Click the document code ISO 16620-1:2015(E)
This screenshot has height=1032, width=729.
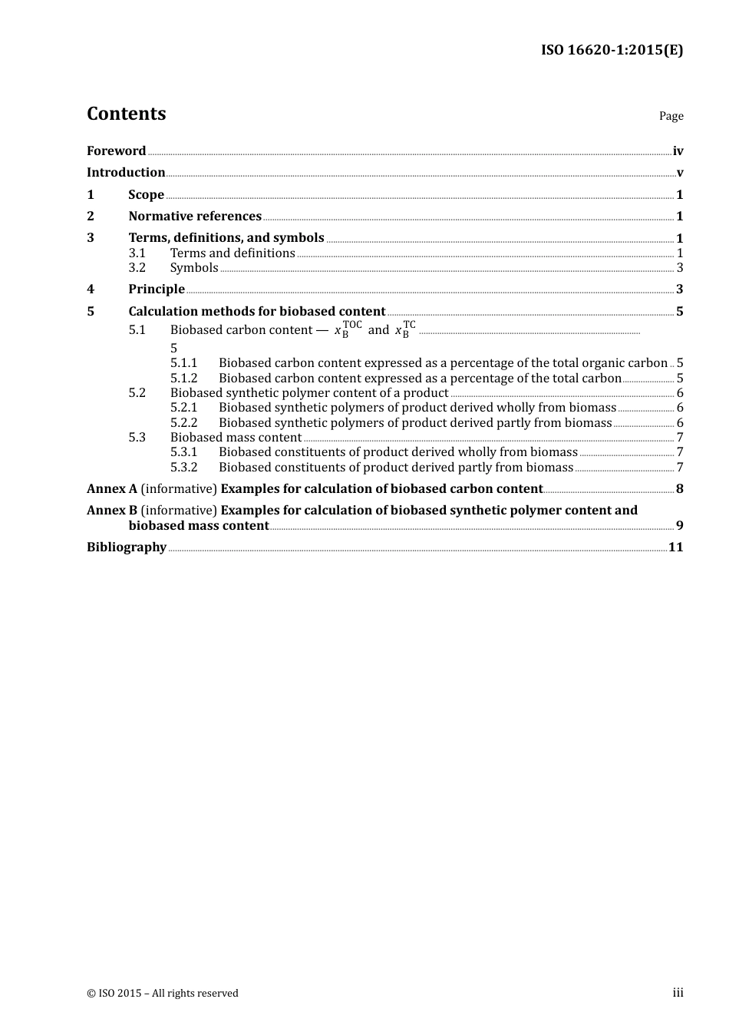pyautogui.click(x=612, y=50)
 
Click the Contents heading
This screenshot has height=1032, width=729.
pyautogui.click(x=126, y=114)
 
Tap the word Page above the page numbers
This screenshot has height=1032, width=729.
pyautogui.click(x=671, y=116)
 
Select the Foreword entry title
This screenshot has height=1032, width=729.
pyautogui.click(x=116, y=151)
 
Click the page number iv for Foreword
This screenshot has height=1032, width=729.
pyautogui.click(x=678, y=151)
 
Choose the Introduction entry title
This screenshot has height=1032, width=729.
pyautogui.click(x=126, y=173)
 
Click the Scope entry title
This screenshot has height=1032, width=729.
pyautogui.click(x=146, y=195)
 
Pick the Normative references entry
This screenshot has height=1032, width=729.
pyautogui.click(x=195, y=217)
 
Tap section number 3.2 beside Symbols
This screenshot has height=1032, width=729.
pyautogui.click(x=137, y=268)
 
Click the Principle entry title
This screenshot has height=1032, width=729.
pyautogui.click(x=157, y=289)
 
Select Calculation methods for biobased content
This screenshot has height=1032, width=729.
pyautogui.click(x=256, y=312)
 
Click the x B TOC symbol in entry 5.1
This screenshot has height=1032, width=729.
pyautogui.click(x=348, y=330)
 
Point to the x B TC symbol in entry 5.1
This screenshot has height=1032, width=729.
pyautogui.click(x=405, y=330)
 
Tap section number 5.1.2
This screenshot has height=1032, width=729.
pyautogui.click(x=183, y=379)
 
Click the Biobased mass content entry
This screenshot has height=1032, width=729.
pyautogui.click(x=236, y=438)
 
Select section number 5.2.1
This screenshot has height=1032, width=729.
pyautogui.click(x=183, y=408)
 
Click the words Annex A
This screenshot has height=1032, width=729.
pyautogui.click(x=112, y=489)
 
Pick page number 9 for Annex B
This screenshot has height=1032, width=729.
pyautogui.click(x=679, y=526)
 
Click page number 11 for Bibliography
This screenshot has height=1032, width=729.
pyautogui.click(x=675, y=547)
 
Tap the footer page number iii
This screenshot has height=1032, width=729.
pyautogui.click(x=678, y=993)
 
